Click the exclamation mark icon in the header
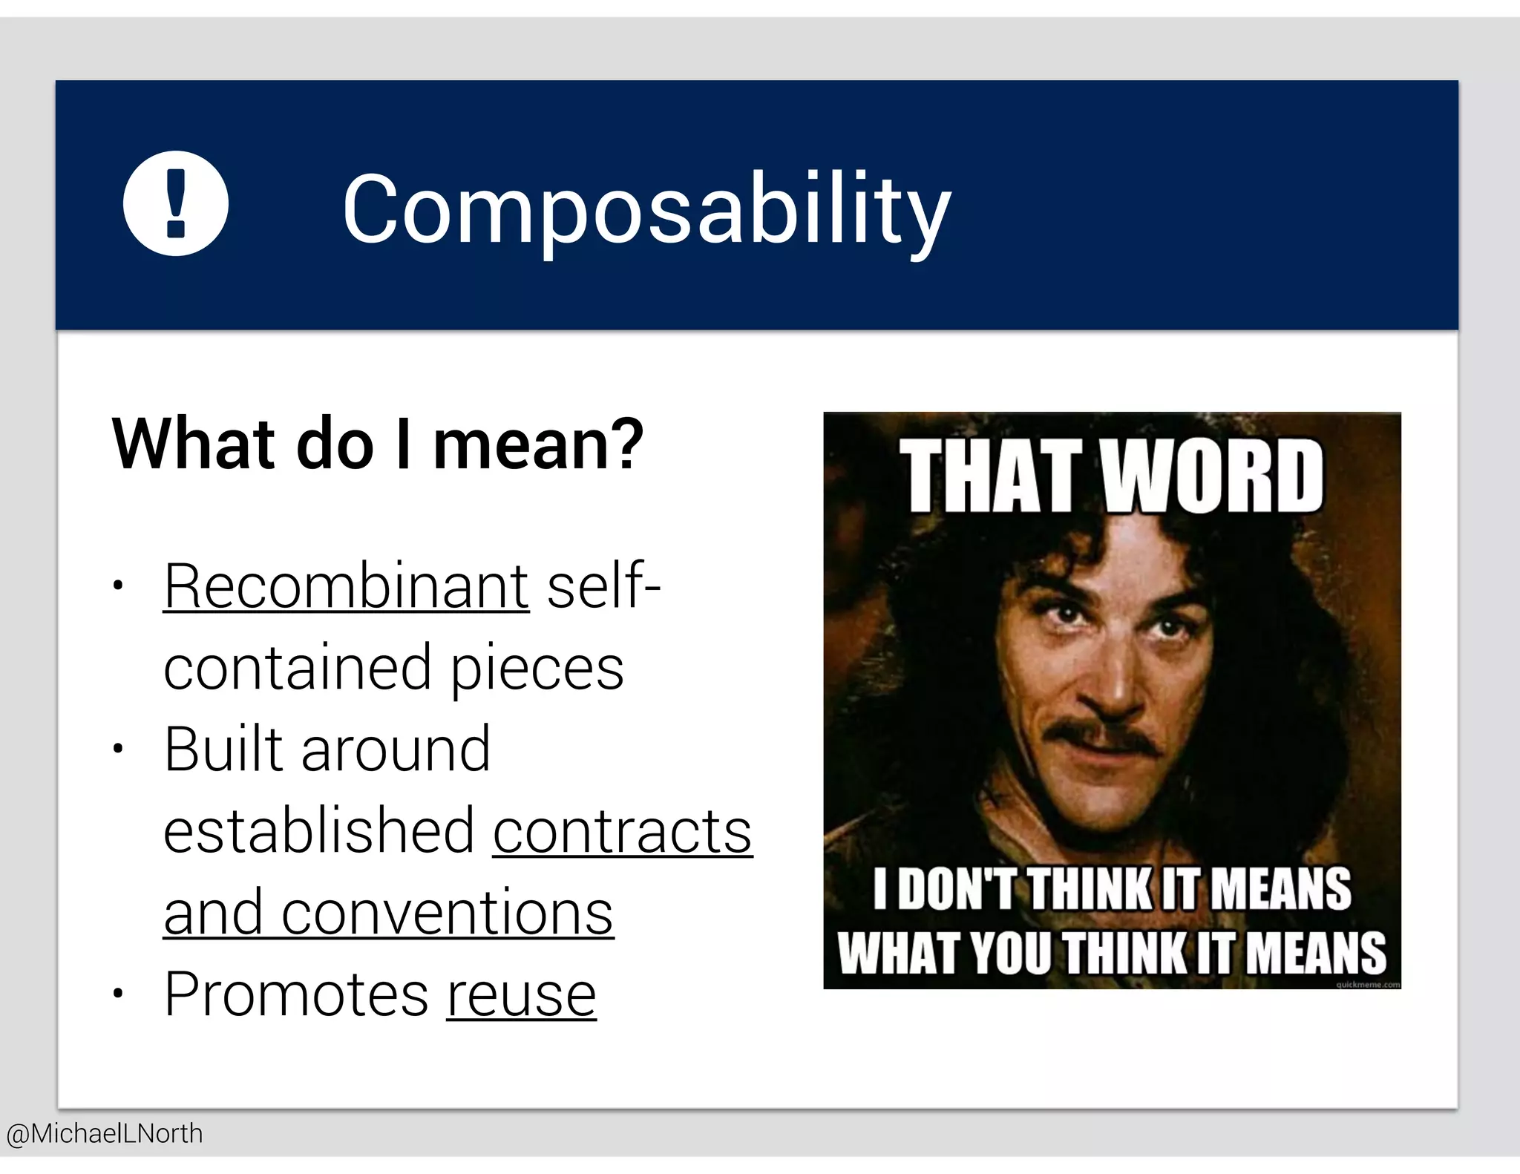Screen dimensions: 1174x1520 coord(175,203)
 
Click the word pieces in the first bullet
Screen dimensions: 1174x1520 coord(537,668)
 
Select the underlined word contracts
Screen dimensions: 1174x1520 coord(622,832)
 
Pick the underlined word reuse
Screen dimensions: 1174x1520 coord(521,995)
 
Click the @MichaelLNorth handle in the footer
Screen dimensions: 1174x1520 coord(104,1134)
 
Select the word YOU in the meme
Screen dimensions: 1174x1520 coord(1012,953)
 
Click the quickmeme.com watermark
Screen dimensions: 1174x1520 coord(1367,984)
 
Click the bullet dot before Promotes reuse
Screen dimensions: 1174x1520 coord(117,994)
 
